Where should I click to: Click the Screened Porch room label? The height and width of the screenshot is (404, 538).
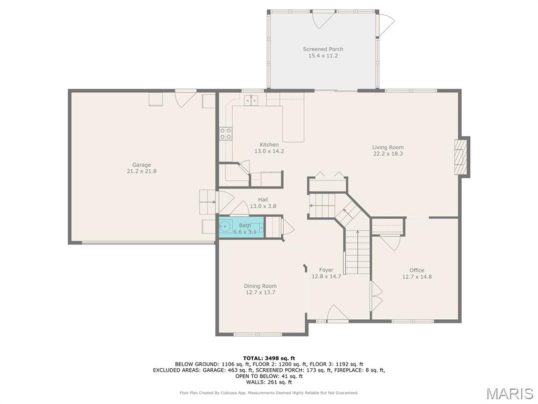point(323,49)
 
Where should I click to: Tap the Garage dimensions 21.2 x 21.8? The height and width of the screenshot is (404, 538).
point(142,171)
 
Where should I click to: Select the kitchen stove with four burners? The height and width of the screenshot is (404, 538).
point(225,134)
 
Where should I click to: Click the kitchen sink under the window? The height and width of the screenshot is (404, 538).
point(251,100)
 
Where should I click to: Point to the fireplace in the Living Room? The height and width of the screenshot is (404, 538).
point(461,157)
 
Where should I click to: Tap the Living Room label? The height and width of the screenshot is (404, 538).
point(388,147)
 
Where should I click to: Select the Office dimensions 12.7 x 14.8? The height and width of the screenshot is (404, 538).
point(417,277)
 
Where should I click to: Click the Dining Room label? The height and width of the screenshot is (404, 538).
point(261,286)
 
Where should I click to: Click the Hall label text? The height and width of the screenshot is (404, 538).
point(263,199)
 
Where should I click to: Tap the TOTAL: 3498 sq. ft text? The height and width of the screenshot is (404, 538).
point(269,358)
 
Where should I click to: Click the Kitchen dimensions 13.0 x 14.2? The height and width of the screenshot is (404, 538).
point(270,151)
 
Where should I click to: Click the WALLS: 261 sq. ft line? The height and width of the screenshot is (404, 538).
point(269,382)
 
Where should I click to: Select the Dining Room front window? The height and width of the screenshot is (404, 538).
point(257,334)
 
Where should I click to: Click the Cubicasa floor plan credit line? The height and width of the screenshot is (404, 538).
point(269,392)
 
